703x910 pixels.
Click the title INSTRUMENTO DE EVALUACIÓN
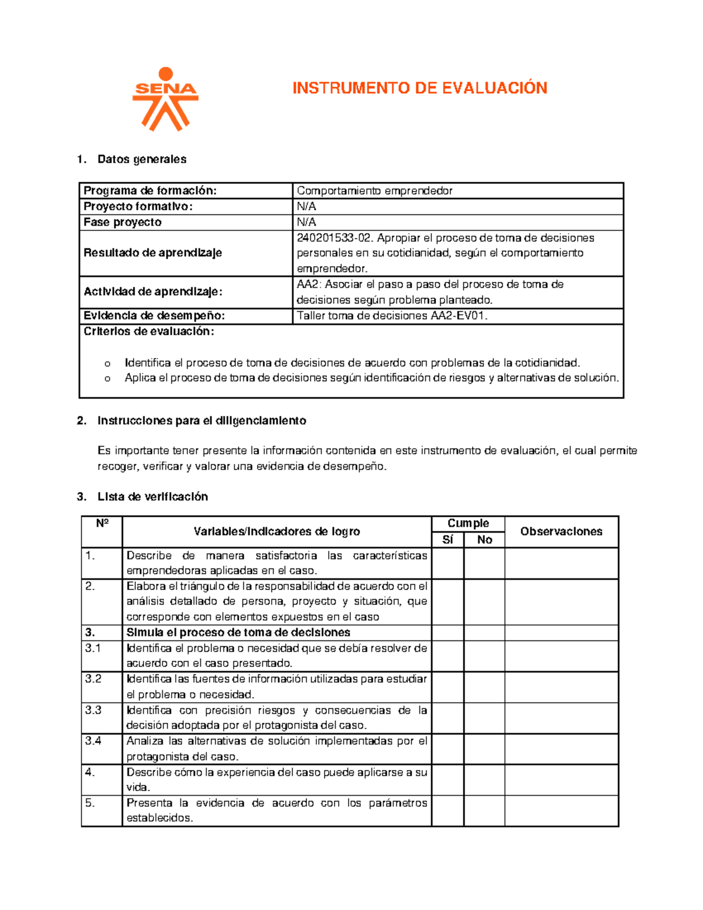(419, 88)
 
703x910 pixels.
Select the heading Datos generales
(142, 159)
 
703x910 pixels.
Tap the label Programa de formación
(150, 190)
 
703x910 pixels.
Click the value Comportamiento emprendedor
(374, 190)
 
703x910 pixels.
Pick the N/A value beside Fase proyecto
(306, 222)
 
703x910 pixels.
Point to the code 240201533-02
(334, 238)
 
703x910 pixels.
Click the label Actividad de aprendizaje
(153, 292)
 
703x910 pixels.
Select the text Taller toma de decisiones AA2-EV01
(392, 316)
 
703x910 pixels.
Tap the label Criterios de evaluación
(149, 332)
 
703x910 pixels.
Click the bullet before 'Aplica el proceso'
(107, 379)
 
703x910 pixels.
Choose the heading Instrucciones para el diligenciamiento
(202, 421)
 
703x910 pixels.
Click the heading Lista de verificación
(152, 497)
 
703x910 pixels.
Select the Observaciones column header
(561, 531)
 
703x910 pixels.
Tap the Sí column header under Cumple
(448, 540)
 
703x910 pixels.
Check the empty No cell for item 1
(484, 563)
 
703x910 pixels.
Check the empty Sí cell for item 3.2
(448, 687)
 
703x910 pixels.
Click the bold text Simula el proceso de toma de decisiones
(238, 633)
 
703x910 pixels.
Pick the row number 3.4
(93, 741)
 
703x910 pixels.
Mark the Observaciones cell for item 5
(561, 810)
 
